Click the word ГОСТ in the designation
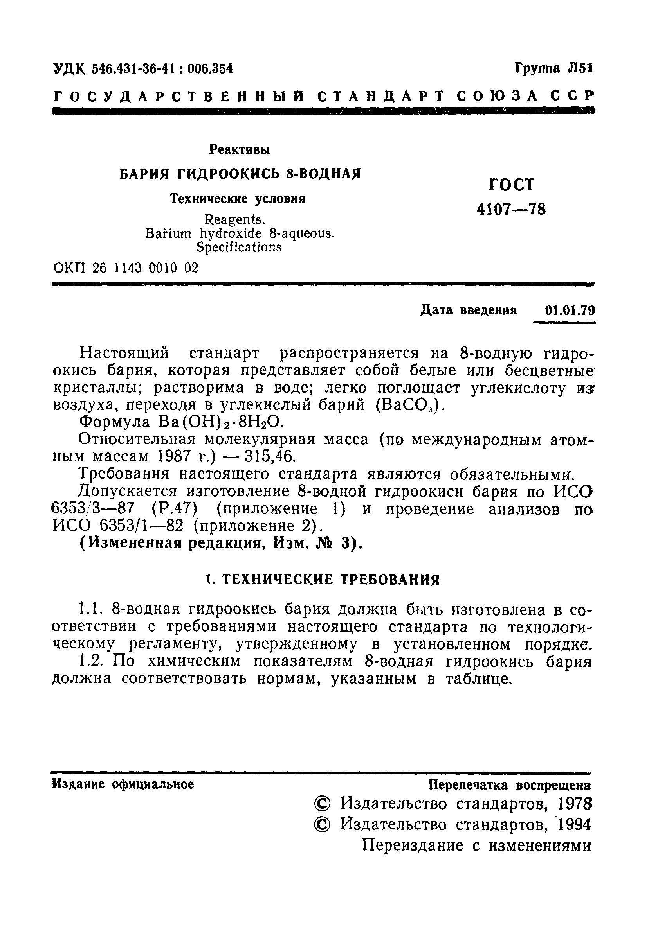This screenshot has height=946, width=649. click(x=510, y=185)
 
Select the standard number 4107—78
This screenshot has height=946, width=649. click(x=511, y=210)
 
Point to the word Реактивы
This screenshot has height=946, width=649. click(x=240, y=150)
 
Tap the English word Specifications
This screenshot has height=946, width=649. click(x=239, y=247)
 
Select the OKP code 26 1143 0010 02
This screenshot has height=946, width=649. click(x=146, y=268)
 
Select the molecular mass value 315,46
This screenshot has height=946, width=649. click(x=269, y=457)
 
